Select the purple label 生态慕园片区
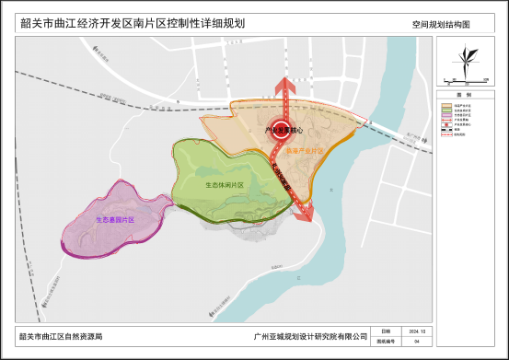click(115, 220)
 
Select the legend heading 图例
click(467, 95)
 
